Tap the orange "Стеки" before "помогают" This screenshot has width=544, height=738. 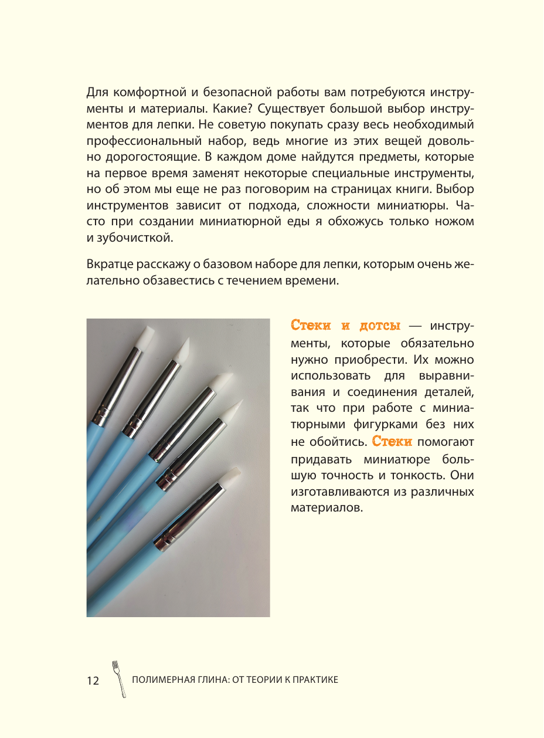click(x=392, y=441)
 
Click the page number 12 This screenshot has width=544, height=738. click(x=93, y=681)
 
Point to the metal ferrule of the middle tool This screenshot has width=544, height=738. click(x=181, y=420)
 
